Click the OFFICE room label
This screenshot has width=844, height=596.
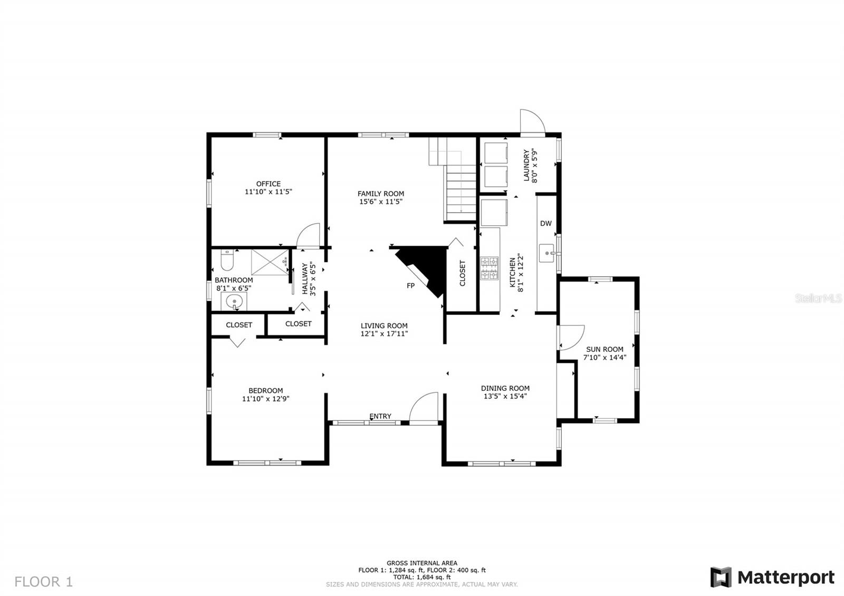pos(268,184)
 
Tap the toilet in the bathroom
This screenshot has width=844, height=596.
pos(227,260)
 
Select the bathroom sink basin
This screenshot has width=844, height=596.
pos(234,301)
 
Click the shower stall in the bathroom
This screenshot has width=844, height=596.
pos(270,262)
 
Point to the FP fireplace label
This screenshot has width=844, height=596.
pos(411,285)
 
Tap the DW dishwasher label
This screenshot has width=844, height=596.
pos(546,224)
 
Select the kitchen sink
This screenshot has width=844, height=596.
pos(547,253)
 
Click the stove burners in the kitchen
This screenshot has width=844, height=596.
pos(490,268)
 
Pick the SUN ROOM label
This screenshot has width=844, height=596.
pos(605,349)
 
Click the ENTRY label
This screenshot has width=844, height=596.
pos(380,416)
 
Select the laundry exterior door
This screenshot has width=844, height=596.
pos(532,121)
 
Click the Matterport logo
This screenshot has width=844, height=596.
pos(772,577)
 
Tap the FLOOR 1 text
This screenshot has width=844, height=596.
pos(43,581)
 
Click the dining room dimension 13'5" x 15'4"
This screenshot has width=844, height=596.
pos(505,396)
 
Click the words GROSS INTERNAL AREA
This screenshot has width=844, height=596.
pos(422,563)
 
